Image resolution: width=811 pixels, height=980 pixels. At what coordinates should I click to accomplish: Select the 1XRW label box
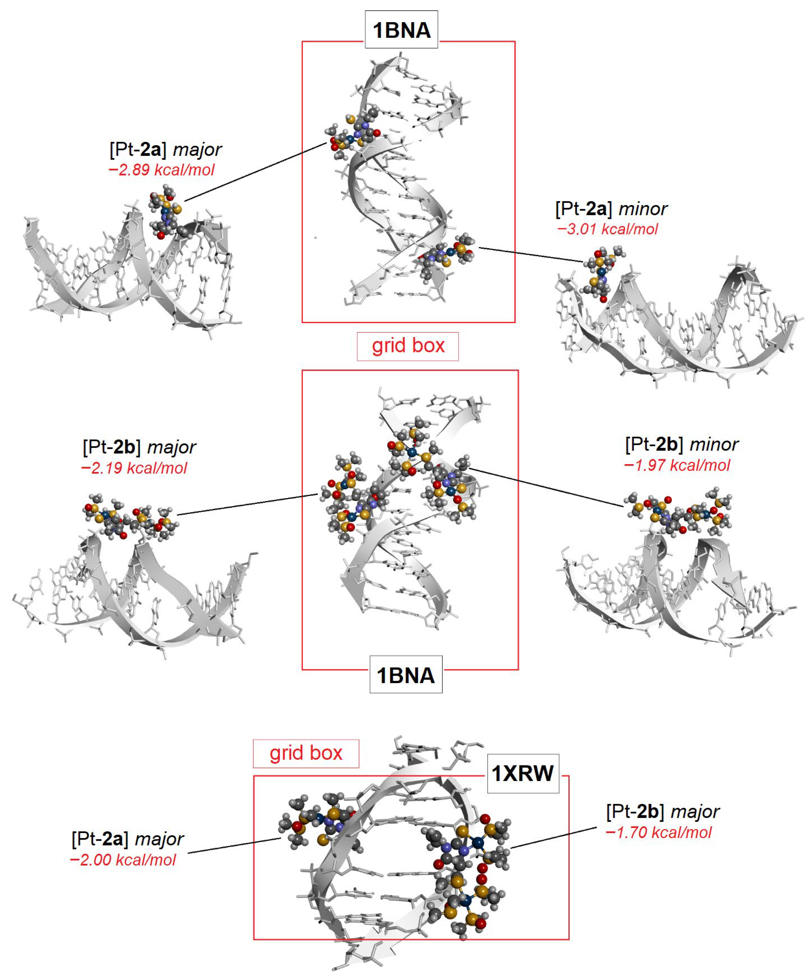523,773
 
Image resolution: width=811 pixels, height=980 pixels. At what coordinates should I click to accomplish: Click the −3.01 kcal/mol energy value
607,229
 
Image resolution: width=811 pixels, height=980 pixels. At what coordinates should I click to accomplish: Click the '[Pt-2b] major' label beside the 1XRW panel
663,812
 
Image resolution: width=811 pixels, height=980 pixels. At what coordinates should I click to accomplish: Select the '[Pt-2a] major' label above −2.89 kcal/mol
165,149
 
